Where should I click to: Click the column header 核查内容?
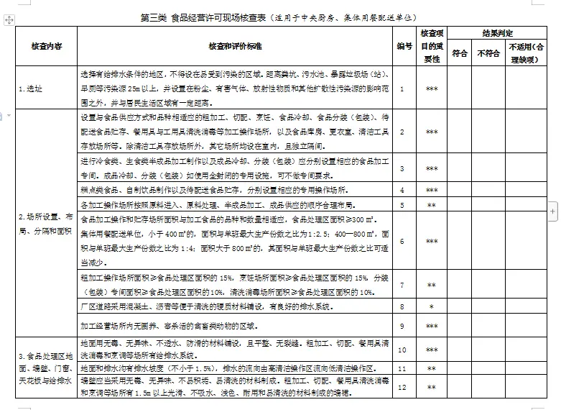click(x=46, y=46)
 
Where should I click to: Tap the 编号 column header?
click(x=404, y=46)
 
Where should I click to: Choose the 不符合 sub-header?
click(x=488, y=53)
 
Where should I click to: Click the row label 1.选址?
click(x=31, y=88)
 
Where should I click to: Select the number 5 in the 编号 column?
click(x=403, y=205)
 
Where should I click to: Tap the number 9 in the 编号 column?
click(x=403, y=326)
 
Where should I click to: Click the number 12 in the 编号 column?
click(x=403, y=387)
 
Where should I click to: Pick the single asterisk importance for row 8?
click(x=432, y=307)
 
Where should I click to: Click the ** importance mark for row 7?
click(x=432, y=286)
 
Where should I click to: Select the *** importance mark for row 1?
click(x=432, y=88)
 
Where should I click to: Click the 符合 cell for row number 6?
click(x=460, y=242)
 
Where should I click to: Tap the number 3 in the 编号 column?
click(x=403, y=168)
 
